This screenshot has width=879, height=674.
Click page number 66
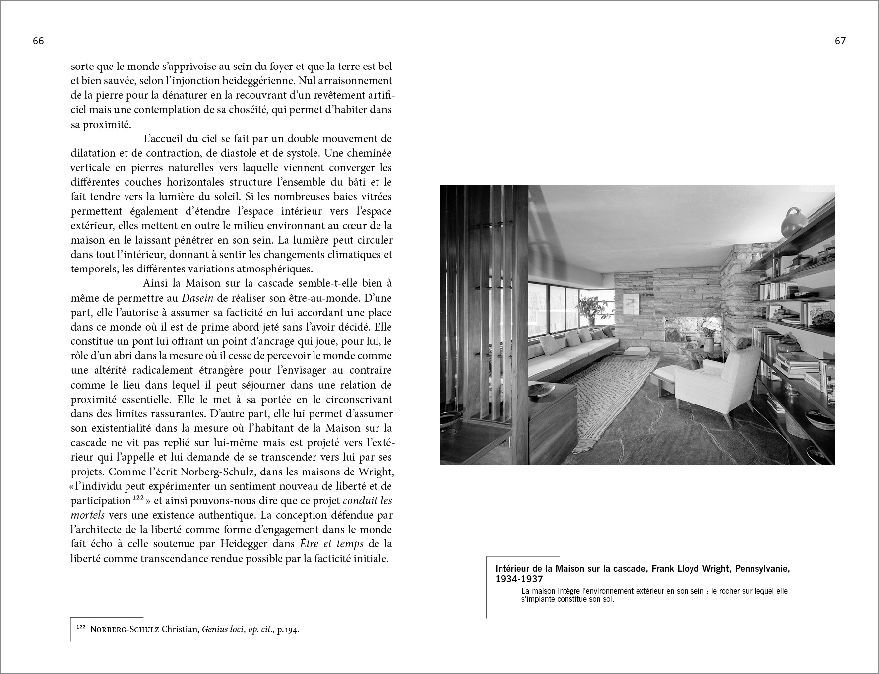(38, 42)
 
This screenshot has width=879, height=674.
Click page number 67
(840, 42)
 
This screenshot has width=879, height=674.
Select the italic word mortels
(88, 515)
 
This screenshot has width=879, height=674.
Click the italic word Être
(312, 544)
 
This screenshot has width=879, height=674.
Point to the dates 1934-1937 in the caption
(519, 579)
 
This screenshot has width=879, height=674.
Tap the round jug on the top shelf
(794, 224)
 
